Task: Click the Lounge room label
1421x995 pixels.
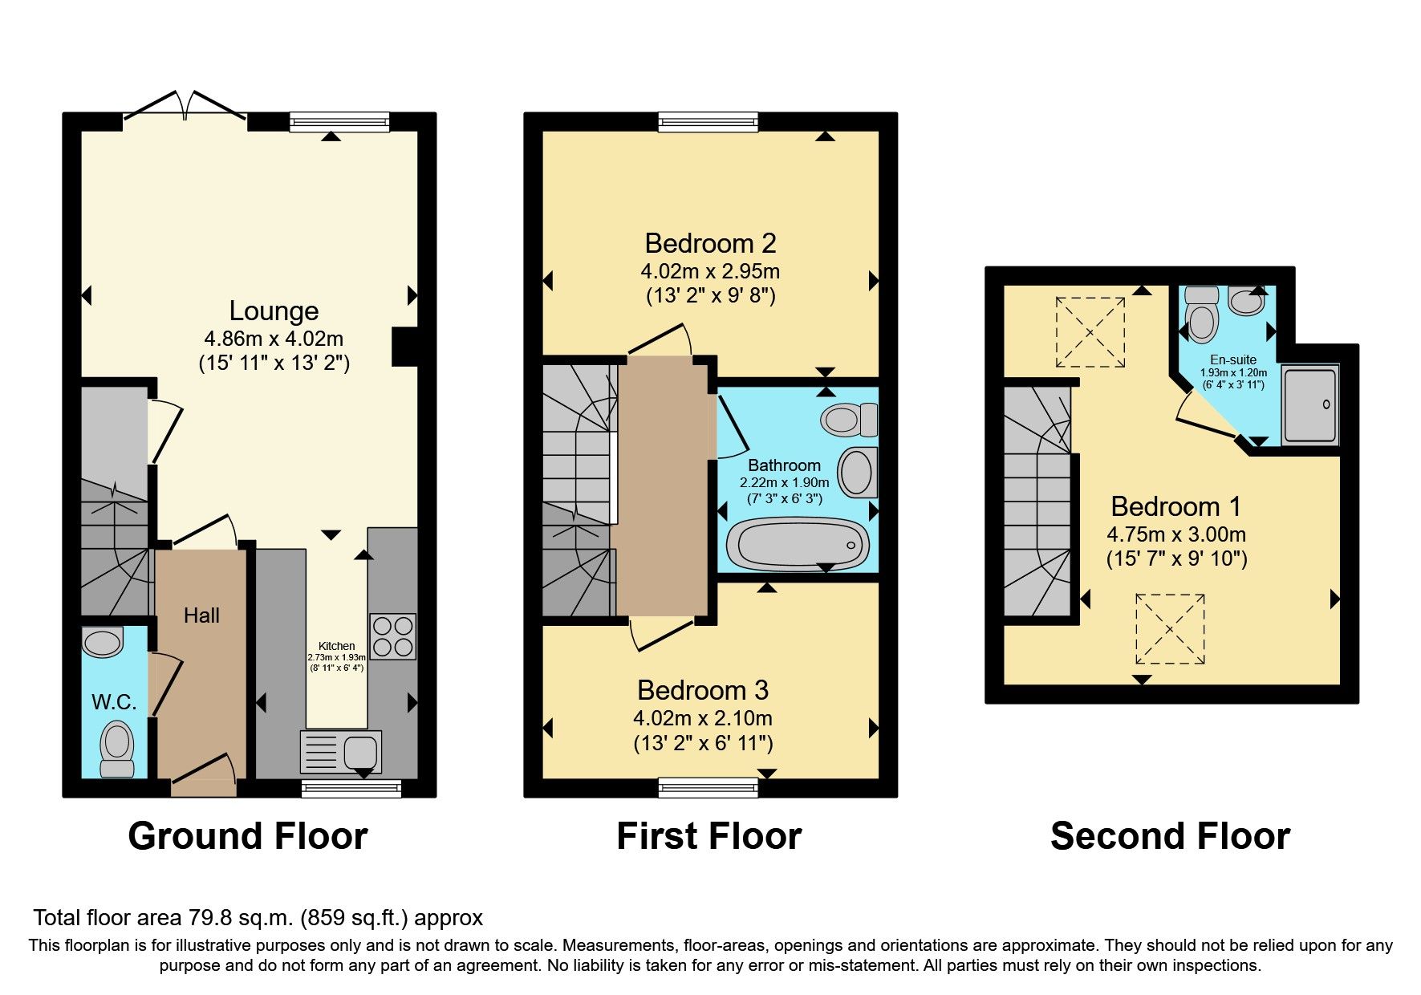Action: click(274, 311)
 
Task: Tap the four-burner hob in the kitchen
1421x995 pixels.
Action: click(393, 636)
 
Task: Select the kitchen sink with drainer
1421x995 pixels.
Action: click(340, 751)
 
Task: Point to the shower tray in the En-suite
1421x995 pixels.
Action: click(1310, 404)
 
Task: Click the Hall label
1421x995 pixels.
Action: click(201, 615)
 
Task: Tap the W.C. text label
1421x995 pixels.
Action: click(114, 702)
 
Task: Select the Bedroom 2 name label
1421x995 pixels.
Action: click(710, 242)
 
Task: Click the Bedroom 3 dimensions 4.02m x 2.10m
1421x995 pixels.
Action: click(703, 718)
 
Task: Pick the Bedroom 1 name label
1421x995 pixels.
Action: click(1175, 506)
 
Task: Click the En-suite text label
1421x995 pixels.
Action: click(1233, 359)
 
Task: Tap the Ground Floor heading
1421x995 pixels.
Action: click(248, 836)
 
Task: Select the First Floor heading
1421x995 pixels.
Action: click(709, 836)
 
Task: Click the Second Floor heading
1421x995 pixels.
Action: click(1170, 836)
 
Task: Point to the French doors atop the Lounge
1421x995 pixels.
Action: click(185, 108)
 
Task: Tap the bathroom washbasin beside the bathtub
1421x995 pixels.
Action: click(857, 472)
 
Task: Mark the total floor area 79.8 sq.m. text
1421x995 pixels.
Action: click(258, 917)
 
